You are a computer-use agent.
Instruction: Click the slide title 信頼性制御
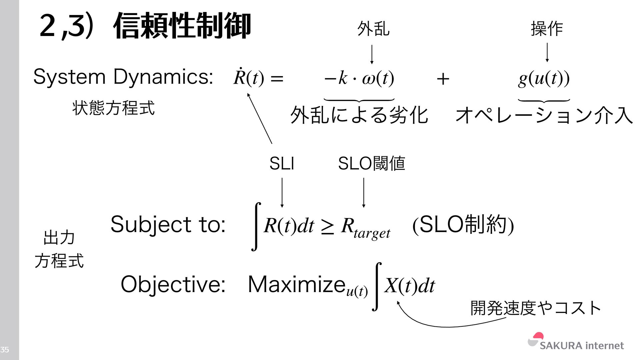click(182, 26)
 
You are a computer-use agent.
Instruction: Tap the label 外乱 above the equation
click(373, 28)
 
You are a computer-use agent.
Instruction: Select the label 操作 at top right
click(547, 28)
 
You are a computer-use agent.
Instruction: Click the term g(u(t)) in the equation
click(544, 79)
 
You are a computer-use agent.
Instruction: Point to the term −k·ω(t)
click(359, 79)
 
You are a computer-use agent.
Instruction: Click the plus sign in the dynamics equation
click(443, 79)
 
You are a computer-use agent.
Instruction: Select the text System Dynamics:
click(123, 77)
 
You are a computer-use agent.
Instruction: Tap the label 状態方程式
click(113, 108)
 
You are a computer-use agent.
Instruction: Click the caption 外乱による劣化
click(359, 115)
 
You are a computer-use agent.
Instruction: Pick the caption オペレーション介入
click(544, 115)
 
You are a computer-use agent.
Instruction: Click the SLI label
click(282, 164)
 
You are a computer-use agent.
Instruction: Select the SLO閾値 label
click(371, 164)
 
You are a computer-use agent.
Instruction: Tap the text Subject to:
click(168, 224)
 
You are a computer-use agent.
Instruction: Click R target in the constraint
click(365, 228)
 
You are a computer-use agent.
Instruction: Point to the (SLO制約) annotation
click(463, 225)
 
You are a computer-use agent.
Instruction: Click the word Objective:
click(173, 285)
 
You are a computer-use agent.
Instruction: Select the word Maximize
click(296, 285)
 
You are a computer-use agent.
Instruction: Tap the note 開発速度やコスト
click(535, 308)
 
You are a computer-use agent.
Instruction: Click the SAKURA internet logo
click(576, 342)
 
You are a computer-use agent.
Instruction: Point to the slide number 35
click(5, 350)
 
